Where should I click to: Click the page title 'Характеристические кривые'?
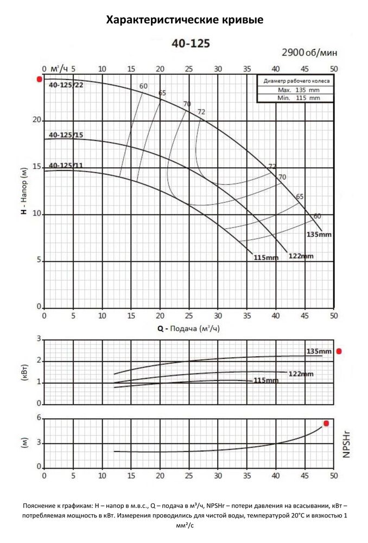184,21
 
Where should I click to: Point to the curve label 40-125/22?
66,85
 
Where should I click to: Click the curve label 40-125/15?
66,135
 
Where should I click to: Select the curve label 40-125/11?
66,165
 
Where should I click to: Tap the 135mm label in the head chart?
318,235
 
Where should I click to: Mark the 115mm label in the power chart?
266,381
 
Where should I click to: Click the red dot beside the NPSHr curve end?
326,423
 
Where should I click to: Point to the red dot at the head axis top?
39,79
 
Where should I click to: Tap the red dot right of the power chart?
339,351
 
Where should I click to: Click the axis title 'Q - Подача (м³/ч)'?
188,329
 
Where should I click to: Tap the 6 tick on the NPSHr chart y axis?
39,418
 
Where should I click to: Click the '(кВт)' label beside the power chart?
24,371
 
